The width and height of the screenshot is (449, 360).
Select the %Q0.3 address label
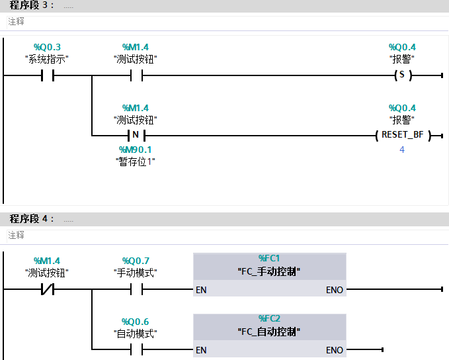click(47, 47)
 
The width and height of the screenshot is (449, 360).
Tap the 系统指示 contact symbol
click(47, 75)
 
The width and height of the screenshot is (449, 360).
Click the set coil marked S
click(401, 75)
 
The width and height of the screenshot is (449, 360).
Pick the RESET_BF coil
click(401, 135)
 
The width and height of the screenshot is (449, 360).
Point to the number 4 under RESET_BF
click(401, 150)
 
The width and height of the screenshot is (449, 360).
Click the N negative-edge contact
click(136, 135)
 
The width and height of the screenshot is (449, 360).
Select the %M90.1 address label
click(136, 150)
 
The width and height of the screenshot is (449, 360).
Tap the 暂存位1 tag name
click(136, 161)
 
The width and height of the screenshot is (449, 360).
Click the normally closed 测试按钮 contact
click(47, 289)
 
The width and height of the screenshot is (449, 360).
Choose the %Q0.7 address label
click(136, 261)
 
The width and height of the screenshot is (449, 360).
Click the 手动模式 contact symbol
click(136, 289)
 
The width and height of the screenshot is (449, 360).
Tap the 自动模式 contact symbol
click(136, 349)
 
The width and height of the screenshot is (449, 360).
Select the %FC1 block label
click(269, 258)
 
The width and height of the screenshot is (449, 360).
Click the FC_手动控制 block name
click(269, 271)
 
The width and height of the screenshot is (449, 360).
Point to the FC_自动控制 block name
click(269, 330)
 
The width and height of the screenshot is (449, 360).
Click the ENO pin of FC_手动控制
click(335, 290)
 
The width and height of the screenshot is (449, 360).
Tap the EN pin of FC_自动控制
click(202, 349)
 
